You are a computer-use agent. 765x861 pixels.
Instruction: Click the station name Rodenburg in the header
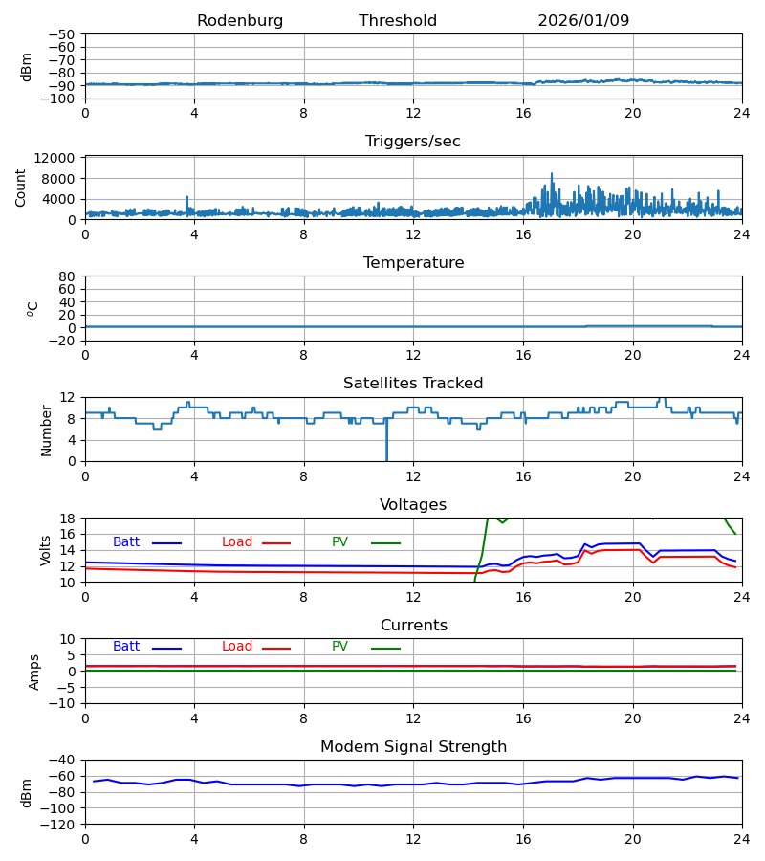[240, 21]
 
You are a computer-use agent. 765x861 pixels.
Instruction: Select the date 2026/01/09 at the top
[583, 21]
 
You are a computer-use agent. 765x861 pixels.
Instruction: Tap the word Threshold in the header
[398, 21]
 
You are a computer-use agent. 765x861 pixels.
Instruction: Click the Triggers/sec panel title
[413, 142]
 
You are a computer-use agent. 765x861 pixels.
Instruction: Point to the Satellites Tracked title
[413, 384]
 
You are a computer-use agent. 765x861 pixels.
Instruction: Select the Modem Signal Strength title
[413, 747]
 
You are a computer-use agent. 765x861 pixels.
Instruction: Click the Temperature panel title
[413, 263]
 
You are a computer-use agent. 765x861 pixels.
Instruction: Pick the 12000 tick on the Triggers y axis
[55, 158]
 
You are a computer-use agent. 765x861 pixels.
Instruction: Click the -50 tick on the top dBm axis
[65, 34]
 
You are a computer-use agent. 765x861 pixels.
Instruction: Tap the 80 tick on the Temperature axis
[67, 276]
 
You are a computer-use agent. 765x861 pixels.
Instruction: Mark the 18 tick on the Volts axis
[67, 519]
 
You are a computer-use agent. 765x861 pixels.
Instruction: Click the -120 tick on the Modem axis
[59, 824]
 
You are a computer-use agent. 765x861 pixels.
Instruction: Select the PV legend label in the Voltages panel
[339, 542]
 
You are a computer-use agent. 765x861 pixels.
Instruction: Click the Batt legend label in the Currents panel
[126, 647]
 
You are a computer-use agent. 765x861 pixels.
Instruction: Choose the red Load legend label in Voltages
[237, 542]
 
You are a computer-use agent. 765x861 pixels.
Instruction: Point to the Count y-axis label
[22, 188]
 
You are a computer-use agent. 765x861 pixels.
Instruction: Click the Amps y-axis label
[35, 672]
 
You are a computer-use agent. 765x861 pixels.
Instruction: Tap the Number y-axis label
[47, 430]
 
